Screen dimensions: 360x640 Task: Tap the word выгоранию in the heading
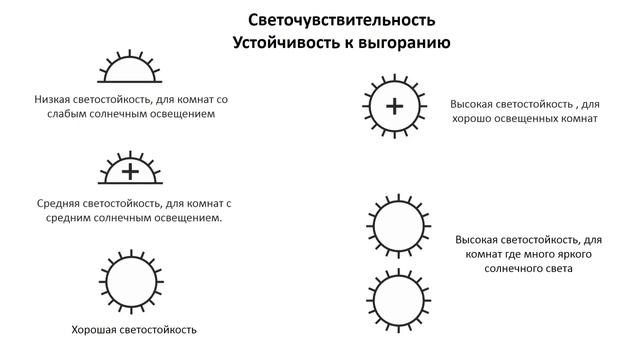(x=402, y=43)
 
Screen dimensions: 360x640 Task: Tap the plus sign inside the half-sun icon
(x=130, y=171)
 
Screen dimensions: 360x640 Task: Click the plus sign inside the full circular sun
(x=396, y=105)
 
